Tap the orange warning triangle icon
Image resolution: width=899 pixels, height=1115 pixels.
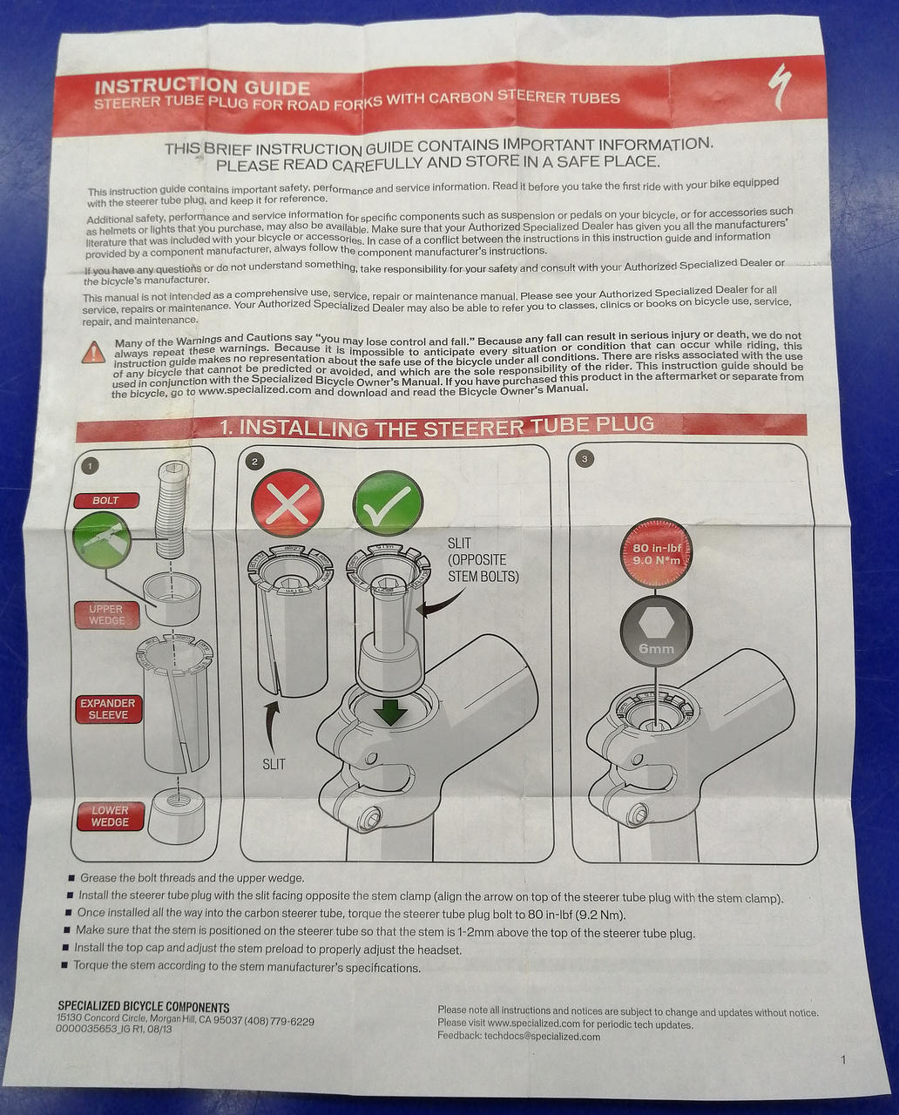(x=94, y=352)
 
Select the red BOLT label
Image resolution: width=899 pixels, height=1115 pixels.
(x=106, y=500)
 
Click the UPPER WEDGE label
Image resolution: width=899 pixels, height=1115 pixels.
(x=106, y=615)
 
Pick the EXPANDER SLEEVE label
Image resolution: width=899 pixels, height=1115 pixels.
(x=108, y=709)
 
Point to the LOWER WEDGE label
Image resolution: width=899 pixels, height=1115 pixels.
(x=110, y=816)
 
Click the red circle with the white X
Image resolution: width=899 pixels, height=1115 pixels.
(x=287, y=503)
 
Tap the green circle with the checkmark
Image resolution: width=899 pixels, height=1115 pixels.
(x=388, y=503)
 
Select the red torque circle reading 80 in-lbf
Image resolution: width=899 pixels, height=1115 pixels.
(x=656, y=553)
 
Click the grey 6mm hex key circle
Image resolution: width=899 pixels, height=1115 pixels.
(x=656, y=631)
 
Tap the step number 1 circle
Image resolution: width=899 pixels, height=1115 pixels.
(x=90, y=466)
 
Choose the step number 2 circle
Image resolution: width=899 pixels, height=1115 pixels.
(x=254, y=461)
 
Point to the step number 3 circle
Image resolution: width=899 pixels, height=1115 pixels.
(x=585, y=458)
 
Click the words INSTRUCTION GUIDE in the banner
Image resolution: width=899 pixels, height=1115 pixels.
(x=203, y=86)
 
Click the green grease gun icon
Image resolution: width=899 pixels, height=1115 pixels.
(x=102, y=540)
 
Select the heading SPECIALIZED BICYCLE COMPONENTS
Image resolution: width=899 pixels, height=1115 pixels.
(x=144, y=1007)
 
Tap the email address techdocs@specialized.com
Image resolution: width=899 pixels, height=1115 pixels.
(x=542, y=1037)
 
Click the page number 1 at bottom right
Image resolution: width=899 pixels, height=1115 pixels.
(x=843, y=1059)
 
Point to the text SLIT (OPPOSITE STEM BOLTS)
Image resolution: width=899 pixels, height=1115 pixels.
(x=483, y=559)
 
